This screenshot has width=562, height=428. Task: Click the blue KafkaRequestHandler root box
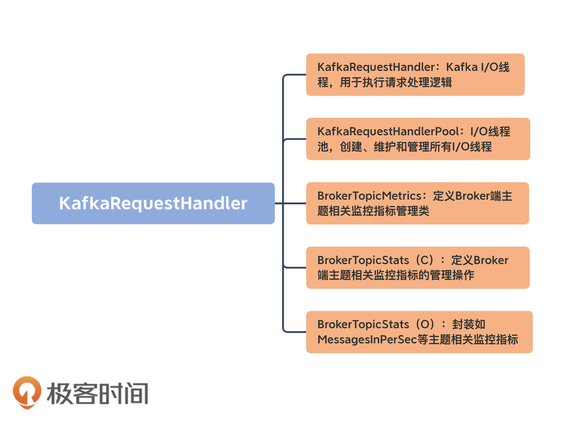coord(153,203)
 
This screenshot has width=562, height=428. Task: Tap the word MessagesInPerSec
coord(367,340)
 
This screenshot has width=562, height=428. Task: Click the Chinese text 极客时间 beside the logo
coord(97,393)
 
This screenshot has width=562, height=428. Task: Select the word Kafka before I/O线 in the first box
coord(462,67)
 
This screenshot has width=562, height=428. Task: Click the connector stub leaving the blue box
coord(279,203)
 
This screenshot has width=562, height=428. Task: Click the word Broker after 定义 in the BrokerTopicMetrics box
coord(472,196)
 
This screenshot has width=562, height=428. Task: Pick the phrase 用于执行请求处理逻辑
coord(396,82)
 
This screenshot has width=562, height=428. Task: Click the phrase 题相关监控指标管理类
coord(373,211)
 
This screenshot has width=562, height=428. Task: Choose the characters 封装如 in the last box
coord(468,324)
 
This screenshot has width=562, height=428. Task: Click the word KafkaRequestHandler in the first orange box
coord(376,67)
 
